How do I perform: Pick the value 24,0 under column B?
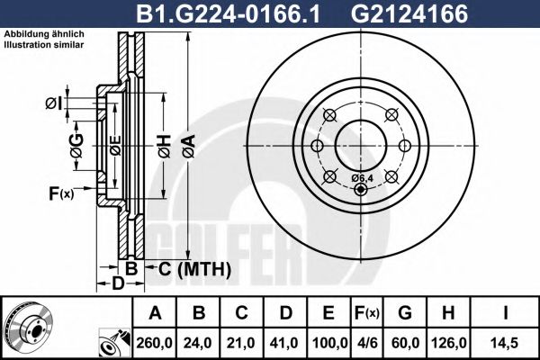point(200,343)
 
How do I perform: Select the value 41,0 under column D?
point(286,343)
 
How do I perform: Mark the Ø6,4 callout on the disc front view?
point(363,177)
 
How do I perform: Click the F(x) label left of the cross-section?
point(60,192)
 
